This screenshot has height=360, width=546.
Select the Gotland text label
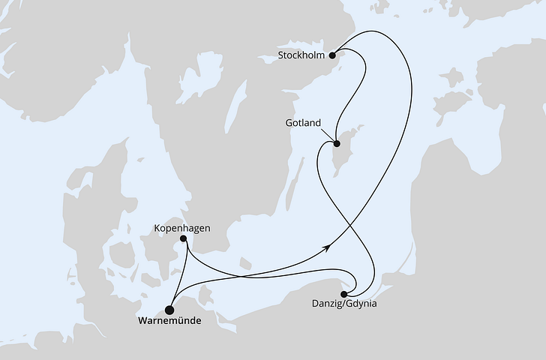[x=302, y=122]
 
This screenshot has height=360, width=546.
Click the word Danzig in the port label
[x=327, y=305]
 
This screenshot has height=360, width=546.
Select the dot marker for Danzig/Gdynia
[x=344, y=294]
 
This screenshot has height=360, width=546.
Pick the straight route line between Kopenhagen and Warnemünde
[x=177, y=274]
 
